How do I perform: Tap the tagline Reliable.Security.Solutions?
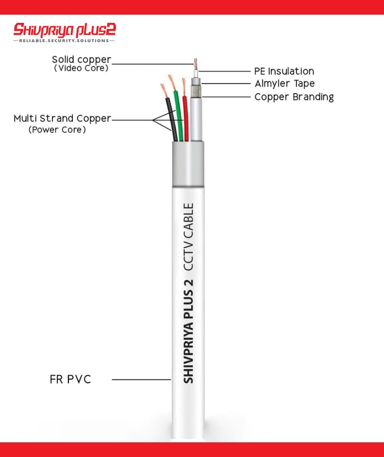(x=64, y=41)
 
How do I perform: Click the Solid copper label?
(x=81, y=59)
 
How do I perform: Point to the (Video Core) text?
(x=81, y=68)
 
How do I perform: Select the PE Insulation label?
(x=284, y=71)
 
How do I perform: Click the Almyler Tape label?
(x=284, y=83)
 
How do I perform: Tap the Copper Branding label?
(x=294, y=97)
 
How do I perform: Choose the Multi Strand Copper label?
(x=63, y=119)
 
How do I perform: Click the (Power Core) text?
(x=57, y=130)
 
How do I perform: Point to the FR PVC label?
(x=70, y=379)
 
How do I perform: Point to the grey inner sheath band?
(x=188, y=164)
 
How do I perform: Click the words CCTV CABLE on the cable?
(x=188, y=237)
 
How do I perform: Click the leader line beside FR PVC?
(x=142, y=379)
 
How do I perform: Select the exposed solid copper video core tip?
(x=196, y=62)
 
